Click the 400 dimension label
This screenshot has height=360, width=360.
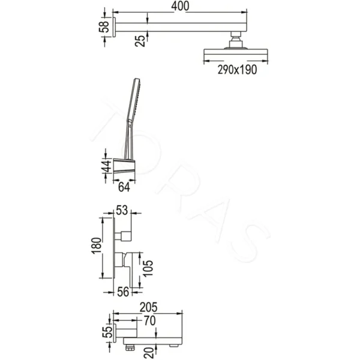(180, 7)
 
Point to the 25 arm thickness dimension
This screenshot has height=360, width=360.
(140, 41)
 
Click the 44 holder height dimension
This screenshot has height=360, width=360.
(106, 166)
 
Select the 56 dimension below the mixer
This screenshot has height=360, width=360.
(122, 292)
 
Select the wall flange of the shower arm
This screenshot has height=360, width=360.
(113, 28)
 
